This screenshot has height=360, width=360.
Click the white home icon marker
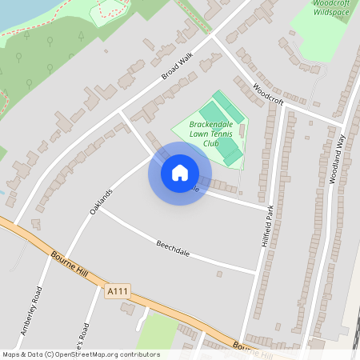pos(180,172)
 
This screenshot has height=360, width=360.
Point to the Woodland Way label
pos(337,160)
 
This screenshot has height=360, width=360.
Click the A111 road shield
pos(117,293)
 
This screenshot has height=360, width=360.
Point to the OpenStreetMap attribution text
pos(81,354)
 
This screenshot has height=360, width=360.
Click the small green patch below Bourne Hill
pos(158,332)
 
